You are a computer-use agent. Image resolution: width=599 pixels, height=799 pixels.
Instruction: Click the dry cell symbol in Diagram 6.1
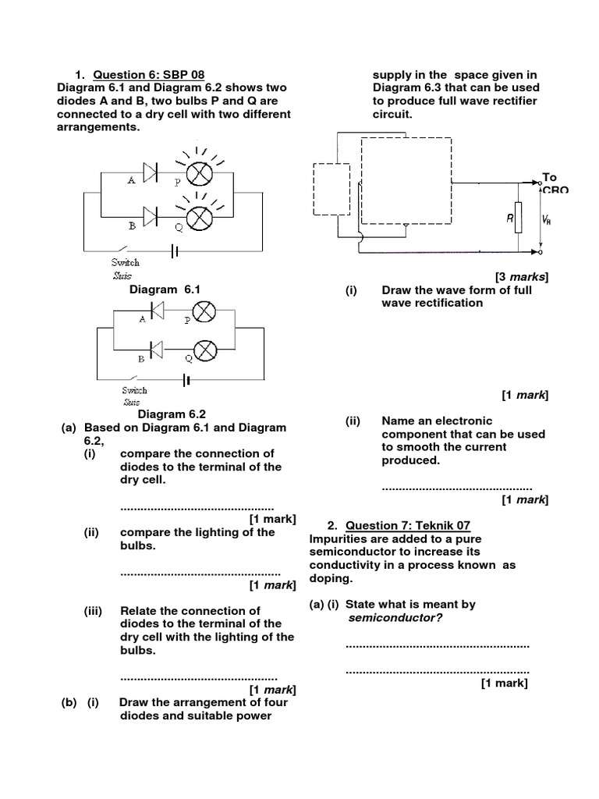[x=175, y=251]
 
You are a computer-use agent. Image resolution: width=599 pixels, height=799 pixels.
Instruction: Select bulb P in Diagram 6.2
[x=204, y=312]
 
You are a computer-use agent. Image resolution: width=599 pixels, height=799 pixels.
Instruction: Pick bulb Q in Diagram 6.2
[x=204, y=350]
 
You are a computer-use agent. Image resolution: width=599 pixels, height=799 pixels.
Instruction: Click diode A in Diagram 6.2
[x=155, y=312]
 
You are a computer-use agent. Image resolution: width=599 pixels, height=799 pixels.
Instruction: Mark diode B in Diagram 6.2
[x=155, y=350]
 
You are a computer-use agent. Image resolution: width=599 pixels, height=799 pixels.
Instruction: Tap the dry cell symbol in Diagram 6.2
[x=186, y=380]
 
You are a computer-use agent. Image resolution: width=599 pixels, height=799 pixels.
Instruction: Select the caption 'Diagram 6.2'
[x=172, y=414]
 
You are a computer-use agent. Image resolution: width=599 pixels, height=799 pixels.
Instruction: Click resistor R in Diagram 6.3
[x=519, y=220]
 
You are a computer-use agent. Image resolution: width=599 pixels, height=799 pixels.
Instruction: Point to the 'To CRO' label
[x=549, y=183]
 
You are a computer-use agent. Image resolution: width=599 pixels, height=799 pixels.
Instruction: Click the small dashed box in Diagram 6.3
[x=330, y=188]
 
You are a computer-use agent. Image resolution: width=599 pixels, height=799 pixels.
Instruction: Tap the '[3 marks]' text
[x=522, y=277]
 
